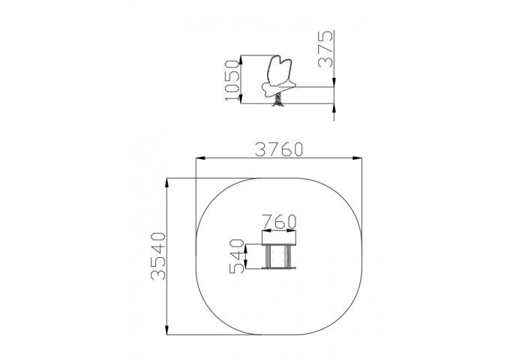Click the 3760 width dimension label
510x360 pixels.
point(279,149)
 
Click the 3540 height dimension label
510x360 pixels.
point(158,256)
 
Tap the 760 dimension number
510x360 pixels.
point(280,220)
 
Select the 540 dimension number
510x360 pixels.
point(236,256)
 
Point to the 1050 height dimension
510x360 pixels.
point(232,80)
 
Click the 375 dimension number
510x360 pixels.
point(325,49)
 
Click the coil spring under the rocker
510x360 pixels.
point(278,99)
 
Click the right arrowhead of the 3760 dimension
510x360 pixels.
point(358,158)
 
